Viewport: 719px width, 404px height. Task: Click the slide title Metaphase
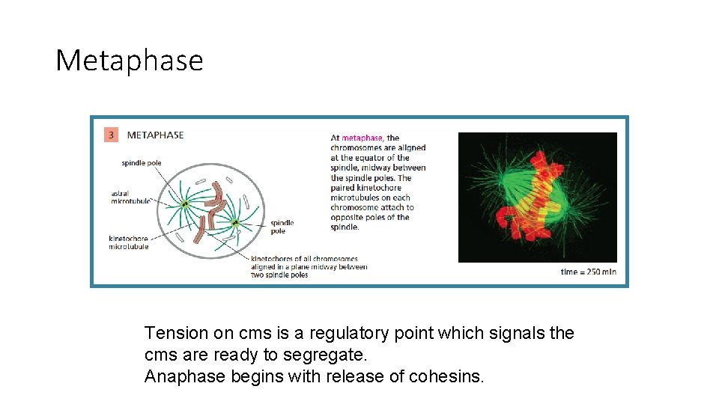tap(129, 61)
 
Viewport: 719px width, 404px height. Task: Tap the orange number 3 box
tap(111, 135)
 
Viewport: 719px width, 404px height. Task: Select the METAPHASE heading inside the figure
tap(155, 135)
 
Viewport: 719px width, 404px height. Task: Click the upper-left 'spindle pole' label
tap(141, 162)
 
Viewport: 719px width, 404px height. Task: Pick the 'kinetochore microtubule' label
tap(129, 242)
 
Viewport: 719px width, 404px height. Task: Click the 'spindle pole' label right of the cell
tap(282, 227)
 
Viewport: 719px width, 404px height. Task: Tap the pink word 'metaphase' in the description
tap(362, 138)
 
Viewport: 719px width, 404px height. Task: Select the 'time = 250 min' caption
tap(588, 272)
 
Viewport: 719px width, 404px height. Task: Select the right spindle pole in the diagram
tap(234, 222)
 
